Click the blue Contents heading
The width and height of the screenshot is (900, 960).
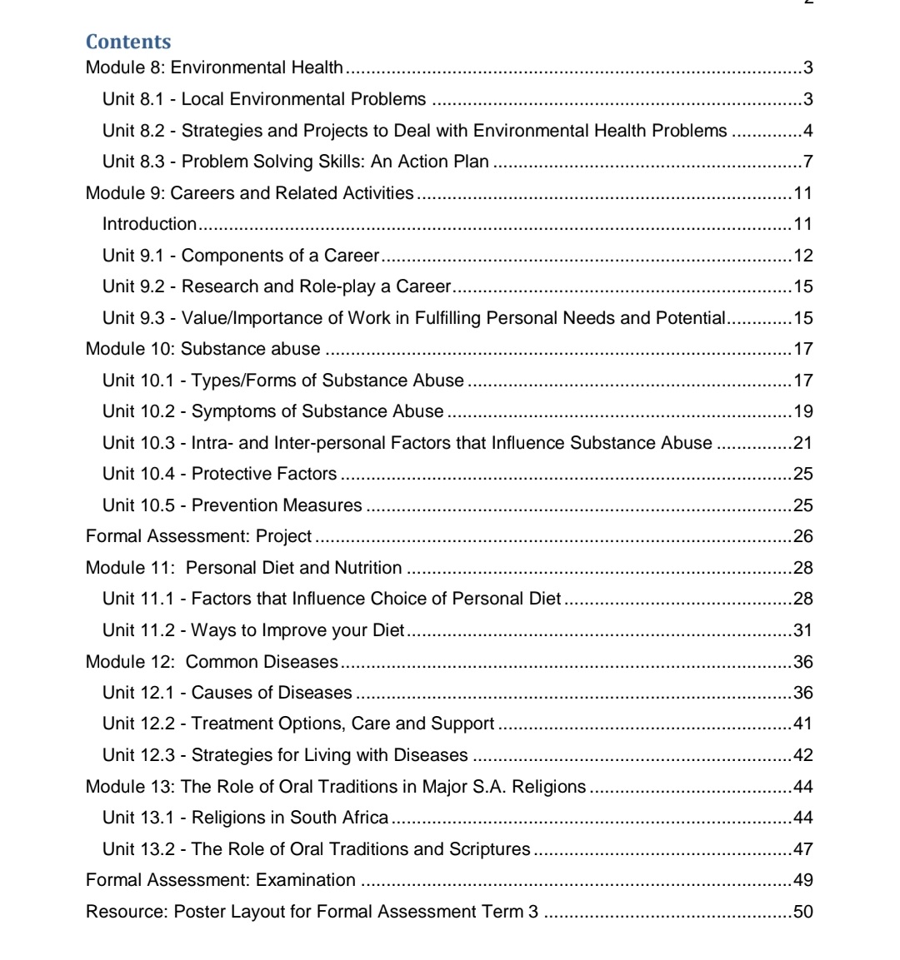(x=128, y=42)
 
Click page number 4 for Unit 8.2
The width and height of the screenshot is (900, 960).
(x=807, y=131)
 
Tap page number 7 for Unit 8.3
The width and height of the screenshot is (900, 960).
(x=807, y=162)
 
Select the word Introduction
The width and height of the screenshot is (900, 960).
(x=149, y=224)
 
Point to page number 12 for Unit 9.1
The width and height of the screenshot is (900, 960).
(x=803, y=256)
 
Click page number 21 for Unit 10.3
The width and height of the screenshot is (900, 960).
(x=803, y=443)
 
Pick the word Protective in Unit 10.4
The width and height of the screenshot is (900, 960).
(x=227, y=474)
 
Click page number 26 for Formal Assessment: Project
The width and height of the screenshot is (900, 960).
(x=803, y=536)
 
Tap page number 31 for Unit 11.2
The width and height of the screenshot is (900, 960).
(x=803, y=630)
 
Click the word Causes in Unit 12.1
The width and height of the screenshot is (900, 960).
(x=219, y=693)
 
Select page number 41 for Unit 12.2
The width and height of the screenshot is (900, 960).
(x=803, y=724)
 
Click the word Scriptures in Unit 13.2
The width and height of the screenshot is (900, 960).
(x=489, y=849)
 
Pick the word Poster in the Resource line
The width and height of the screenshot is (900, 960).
(x=199, y=912)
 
